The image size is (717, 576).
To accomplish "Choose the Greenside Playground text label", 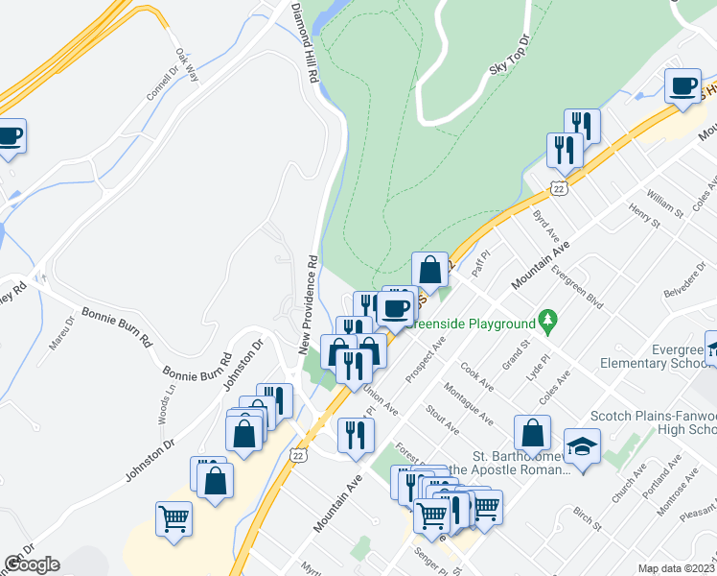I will (x=474, y=324).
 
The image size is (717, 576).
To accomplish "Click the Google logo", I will (x=32, y=564).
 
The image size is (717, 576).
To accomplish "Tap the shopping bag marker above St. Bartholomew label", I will (x=532, y=433).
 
